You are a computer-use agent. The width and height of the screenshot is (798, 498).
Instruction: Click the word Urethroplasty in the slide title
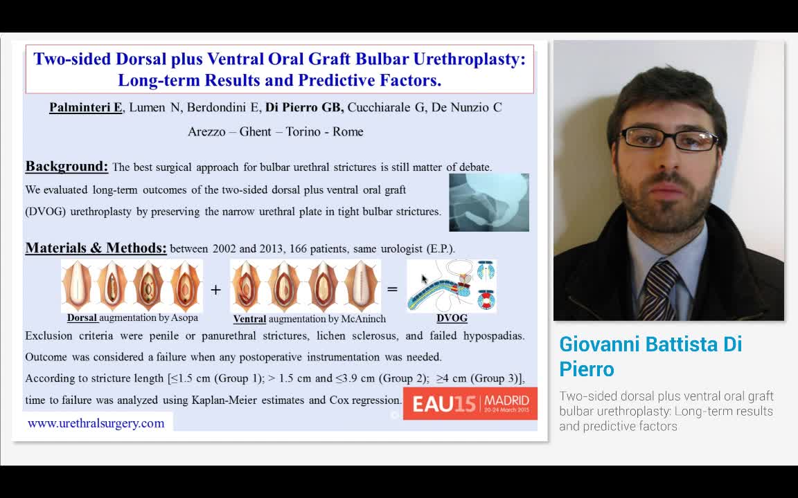469,59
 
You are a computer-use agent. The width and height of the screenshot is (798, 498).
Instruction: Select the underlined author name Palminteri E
85,108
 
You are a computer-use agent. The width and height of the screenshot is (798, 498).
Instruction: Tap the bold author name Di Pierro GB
304,108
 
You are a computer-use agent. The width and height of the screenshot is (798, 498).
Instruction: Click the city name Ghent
255,131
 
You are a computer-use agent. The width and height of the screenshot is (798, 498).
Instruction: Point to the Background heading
66,166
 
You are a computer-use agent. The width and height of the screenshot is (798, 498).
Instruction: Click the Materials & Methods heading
96,248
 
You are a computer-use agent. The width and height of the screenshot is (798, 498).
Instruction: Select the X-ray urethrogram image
489,202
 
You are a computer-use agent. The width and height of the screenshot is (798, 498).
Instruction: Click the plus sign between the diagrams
216,290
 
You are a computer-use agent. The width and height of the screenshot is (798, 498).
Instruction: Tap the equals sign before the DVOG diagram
392,290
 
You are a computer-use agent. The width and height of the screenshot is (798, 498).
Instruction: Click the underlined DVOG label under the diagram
452,318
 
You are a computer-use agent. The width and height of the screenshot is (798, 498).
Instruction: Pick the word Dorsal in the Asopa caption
82,317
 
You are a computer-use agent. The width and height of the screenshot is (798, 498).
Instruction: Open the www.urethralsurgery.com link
96,423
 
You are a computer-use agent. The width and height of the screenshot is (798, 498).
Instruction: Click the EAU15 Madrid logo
470,403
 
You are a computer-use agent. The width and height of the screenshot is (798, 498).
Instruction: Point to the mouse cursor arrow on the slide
425,279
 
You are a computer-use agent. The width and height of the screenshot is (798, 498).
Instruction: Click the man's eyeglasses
669,138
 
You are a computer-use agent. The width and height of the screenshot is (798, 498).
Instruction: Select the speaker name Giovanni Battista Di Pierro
650,356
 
